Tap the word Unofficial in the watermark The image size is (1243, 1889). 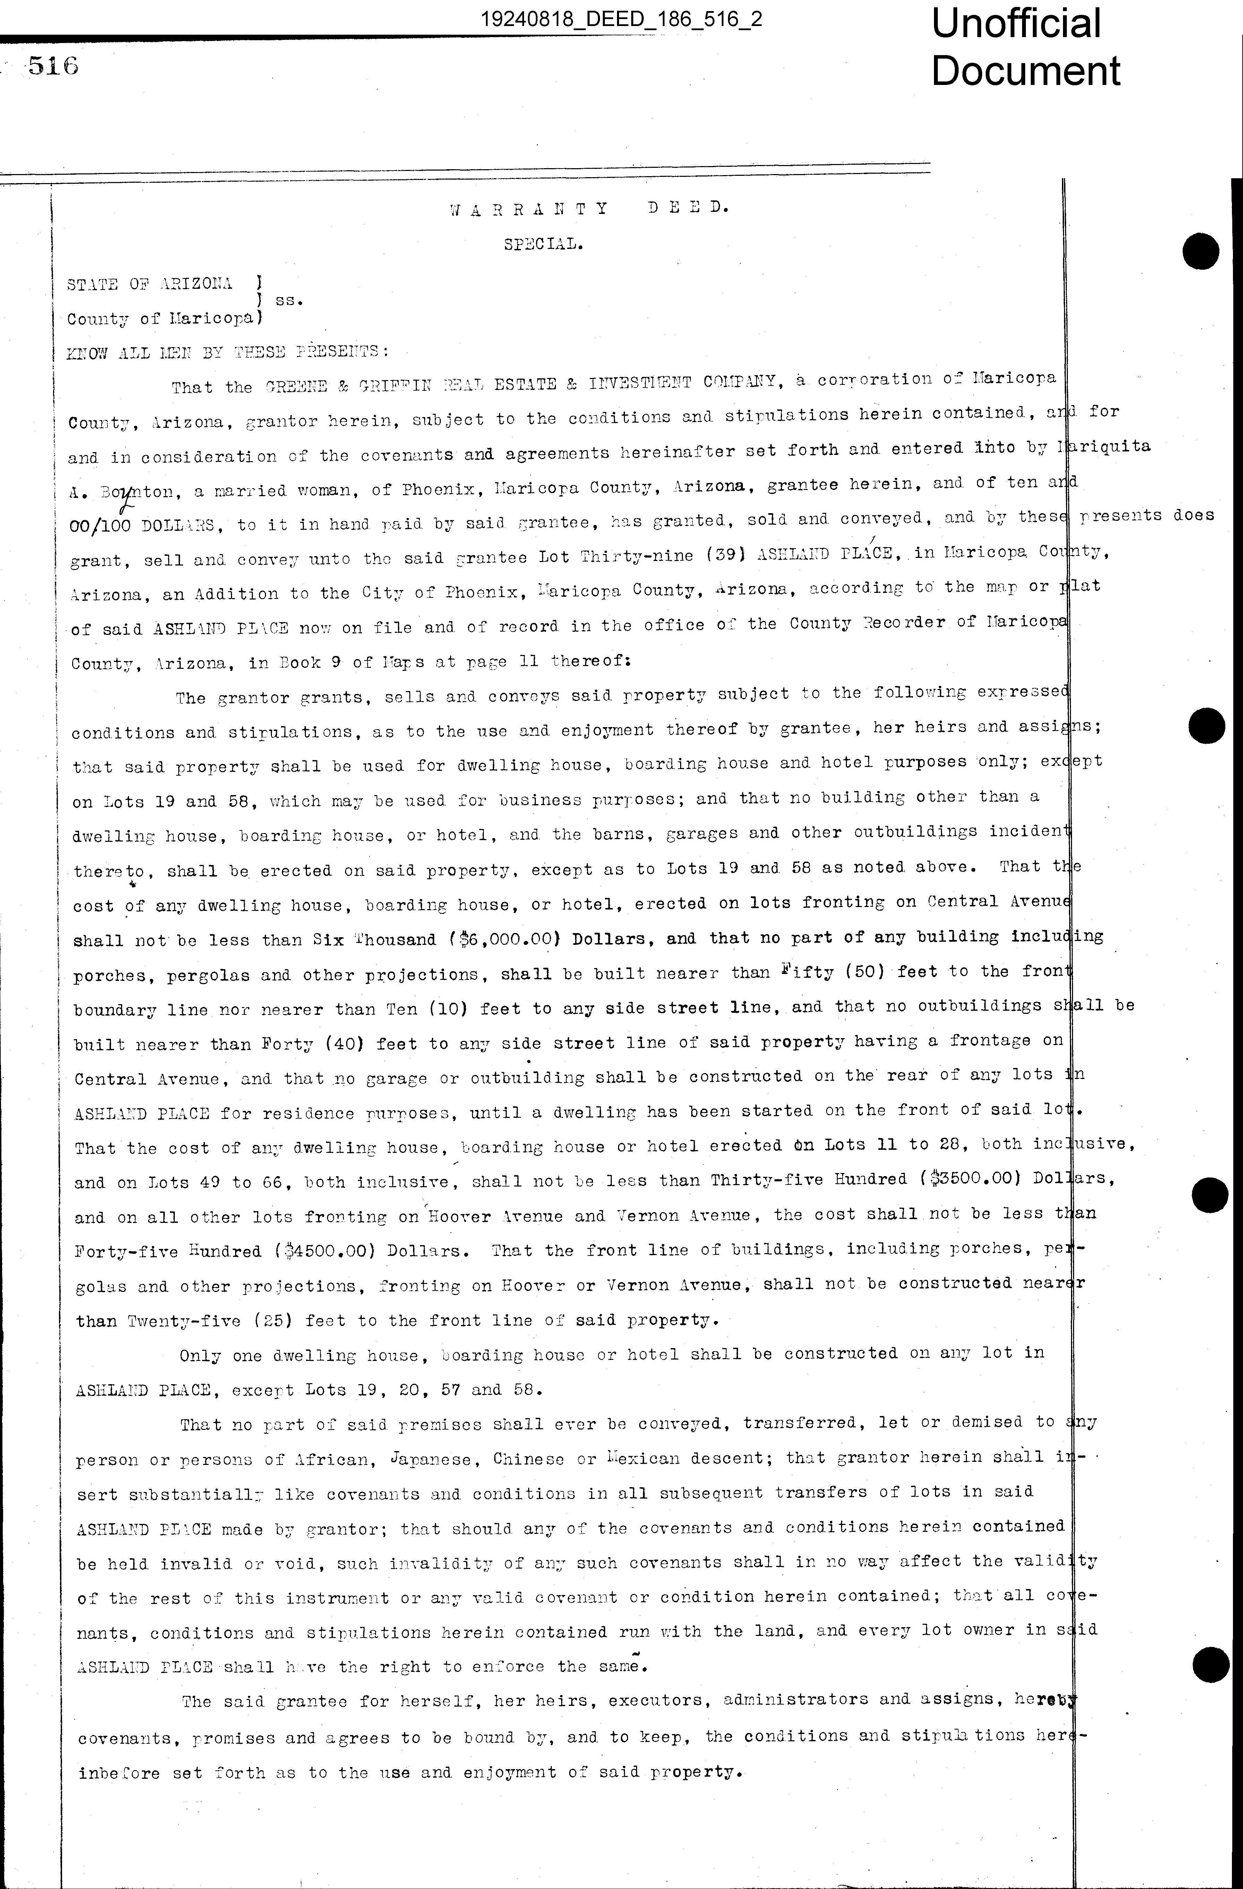point(1016,24)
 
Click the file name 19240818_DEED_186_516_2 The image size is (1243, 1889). point(621,18)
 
